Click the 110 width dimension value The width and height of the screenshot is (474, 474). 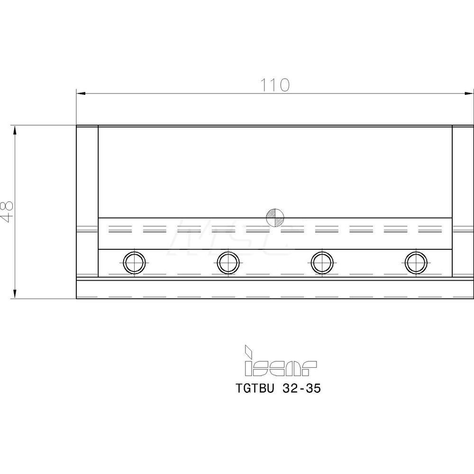[x=275, y=85]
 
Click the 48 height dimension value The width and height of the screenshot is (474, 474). [x=7, y=212]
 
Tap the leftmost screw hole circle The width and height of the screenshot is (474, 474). [x=135, y=263]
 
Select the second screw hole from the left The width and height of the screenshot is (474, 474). [x=228, y=263]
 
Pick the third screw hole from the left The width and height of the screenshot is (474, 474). [x=322, y=263]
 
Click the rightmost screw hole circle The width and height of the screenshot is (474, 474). [x=416, y=263]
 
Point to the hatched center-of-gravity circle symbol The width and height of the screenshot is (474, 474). [x=275, y=218]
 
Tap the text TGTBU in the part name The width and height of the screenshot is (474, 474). [x=255, y=389]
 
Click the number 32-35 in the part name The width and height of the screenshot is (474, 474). [x=301, y=389]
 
